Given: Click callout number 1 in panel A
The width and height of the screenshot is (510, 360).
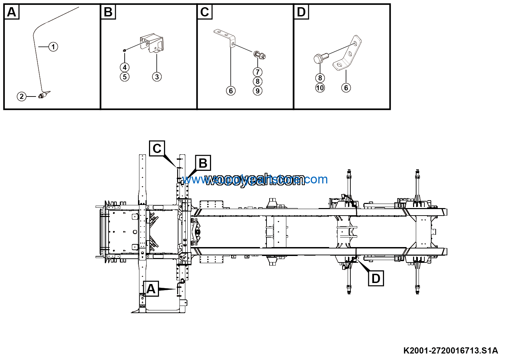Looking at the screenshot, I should tap(53, 47).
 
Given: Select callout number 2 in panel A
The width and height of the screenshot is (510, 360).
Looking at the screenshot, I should tap(22, 97).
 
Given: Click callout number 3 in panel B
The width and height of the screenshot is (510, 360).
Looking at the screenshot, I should tap(157, 77).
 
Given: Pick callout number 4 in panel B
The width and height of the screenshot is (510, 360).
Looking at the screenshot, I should tap(125, 67).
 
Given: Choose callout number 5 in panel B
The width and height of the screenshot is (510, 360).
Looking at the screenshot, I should tap(125, 77).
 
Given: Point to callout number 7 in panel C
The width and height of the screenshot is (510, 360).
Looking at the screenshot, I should tap(258, 72).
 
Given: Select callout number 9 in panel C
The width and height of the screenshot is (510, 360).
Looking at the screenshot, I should tap(258, 91).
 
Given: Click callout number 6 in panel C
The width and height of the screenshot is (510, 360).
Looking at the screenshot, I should tap(231, 91).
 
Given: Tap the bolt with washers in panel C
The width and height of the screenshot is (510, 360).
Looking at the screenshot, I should tap(259, 55).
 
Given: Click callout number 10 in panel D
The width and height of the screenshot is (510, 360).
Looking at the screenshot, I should tap(320, 88).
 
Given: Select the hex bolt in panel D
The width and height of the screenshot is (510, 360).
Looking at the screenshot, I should tap(320, 58).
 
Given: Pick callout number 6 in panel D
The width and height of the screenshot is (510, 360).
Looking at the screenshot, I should tap(346, 88).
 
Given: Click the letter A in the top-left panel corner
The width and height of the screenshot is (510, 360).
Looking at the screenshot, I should tap(12, 12).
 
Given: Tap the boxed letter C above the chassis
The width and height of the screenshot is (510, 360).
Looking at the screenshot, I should tap(157, 149).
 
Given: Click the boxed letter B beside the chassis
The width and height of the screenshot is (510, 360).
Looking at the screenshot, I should tap(203, 163).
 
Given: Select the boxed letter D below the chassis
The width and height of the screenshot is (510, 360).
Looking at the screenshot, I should tap(376, 278).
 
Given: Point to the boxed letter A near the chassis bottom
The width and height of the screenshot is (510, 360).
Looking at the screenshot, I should tap(151, 289).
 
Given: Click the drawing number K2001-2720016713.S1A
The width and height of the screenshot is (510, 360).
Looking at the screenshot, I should tap(450, 350).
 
